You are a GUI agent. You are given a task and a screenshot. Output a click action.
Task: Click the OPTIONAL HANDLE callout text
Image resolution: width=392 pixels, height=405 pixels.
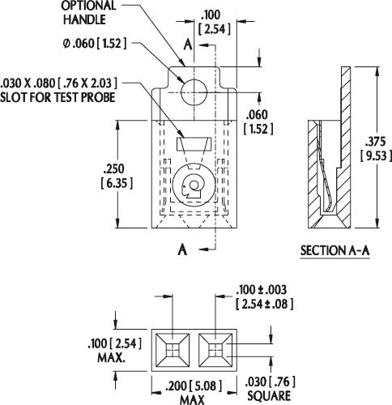(88, 12)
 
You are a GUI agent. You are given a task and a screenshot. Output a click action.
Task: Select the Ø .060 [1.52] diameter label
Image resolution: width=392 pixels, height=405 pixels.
(95, 44)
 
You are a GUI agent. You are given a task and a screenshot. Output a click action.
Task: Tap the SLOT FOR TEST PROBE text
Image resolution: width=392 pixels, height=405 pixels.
(58, 97)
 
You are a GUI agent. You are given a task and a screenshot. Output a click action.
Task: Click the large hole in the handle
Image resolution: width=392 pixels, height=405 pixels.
(194, 92)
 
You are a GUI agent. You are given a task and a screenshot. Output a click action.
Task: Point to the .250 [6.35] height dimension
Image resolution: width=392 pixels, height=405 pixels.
(117, 177)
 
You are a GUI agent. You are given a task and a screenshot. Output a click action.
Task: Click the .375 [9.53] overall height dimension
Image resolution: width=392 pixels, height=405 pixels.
(376, 149)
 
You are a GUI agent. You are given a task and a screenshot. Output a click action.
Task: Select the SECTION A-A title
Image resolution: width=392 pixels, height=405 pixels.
(334, 250)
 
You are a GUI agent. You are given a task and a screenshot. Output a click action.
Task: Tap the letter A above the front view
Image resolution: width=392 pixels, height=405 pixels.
(188, 45)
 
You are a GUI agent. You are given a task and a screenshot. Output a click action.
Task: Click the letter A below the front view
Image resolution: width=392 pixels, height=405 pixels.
(182, 249)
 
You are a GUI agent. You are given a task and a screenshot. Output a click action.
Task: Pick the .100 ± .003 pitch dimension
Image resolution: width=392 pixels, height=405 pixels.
(264, 297)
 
